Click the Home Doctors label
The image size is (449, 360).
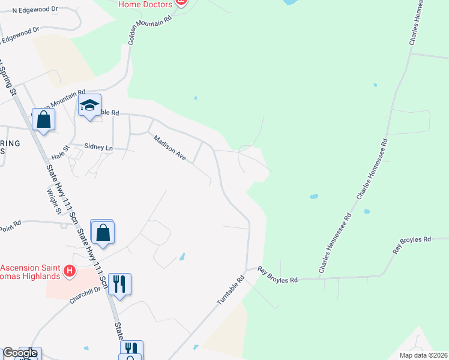tap(145, 4)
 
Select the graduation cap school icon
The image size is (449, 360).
tap(89, 106)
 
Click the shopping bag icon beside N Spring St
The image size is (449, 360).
tap(44, 119)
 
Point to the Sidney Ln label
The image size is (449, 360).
tap(98, 146)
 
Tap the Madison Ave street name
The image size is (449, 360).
tap(170, 148)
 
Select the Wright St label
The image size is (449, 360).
tap(55, 201)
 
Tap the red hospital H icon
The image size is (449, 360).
tap(70, 272)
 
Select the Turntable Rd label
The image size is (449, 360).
tap(232, 289)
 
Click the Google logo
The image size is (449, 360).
tap(20, 353)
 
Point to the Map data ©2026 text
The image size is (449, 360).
tap(423, 355)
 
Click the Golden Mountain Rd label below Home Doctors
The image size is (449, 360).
tap(150, 29)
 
